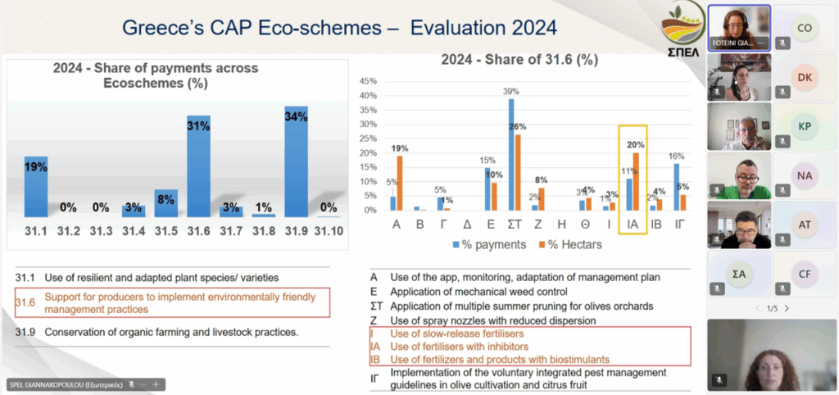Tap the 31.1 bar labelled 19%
(x=35, y=186)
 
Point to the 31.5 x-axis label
(x=166, y=231)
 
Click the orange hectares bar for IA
(x=636, y=181)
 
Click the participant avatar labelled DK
(x=804, y=77)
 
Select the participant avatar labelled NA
(x=804, y=175)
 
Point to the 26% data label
(x=518, y=127)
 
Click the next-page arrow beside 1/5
(x=787, y=308)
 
